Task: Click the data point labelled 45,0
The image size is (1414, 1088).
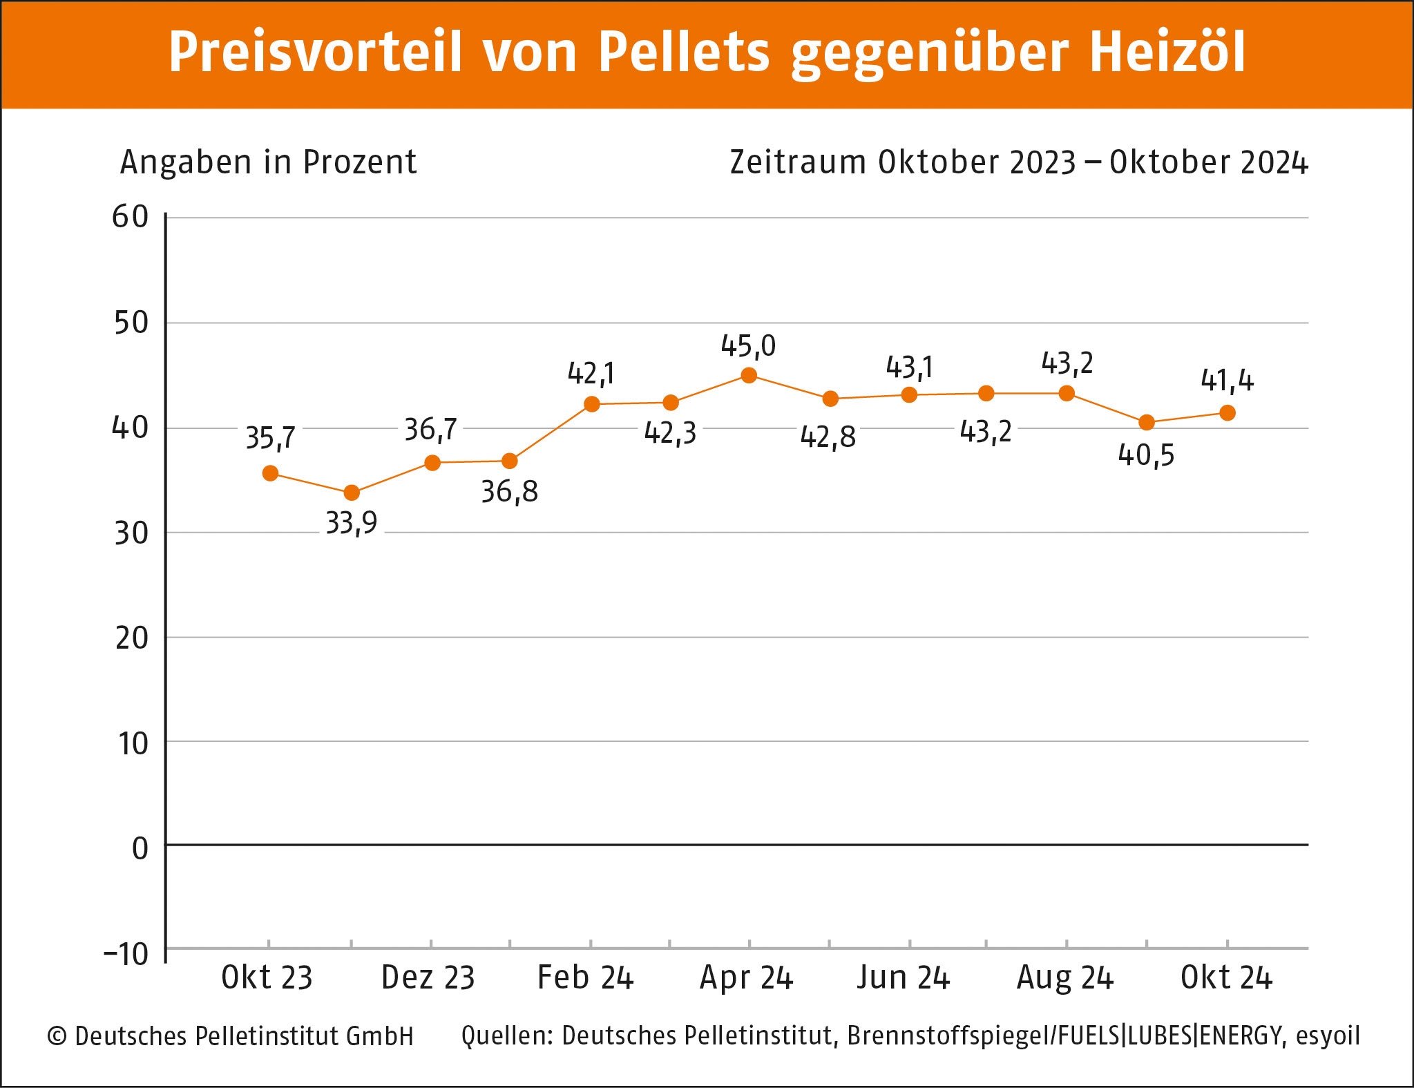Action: [x=749, y=375]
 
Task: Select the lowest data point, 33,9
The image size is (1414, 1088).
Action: [x=352, y=493]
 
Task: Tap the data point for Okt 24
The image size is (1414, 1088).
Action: [x=1227, y=413]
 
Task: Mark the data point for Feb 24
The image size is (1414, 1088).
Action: [x=591, y=404]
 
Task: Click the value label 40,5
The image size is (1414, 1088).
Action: [x=1146, y=455]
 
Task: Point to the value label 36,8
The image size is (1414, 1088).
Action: [x=509, y=492]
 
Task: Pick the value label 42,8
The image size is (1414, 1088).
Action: [x=828, y=437]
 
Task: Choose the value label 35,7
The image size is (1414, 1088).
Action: [x=270, y=438]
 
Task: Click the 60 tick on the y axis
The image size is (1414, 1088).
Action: [x=131, y=217]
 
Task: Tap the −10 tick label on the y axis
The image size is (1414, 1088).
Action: [x=126, y=954]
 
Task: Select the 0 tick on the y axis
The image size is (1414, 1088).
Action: [x=140, y=848]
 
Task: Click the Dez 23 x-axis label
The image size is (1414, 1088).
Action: [x=428, y=977]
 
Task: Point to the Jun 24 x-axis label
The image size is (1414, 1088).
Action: [x=904, y=977]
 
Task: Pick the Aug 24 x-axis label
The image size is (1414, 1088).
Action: [x=1065, y=977]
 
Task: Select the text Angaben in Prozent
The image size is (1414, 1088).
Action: [x=268, y=162]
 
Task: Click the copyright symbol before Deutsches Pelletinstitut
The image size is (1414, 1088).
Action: [x=57, y=1036]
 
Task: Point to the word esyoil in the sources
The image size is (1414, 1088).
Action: [x=1328, y=1035]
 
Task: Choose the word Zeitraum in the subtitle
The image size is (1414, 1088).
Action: [x=798, y=162]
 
